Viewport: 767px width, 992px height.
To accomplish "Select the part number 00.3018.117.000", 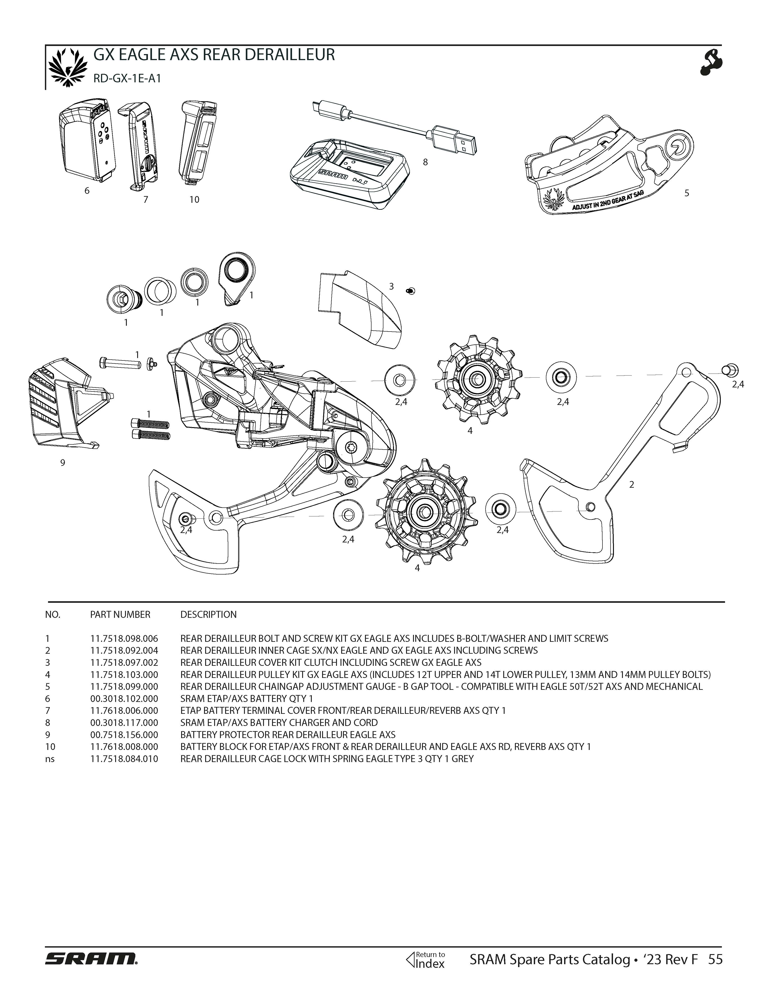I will tap(124, 722).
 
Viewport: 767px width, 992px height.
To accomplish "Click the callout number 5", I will tap(687, 193).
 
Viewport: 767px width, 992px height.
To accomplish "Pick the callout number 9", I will tap(63, 463).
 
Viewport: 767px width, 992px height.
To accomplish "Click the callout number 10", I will tap(194, 199).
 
